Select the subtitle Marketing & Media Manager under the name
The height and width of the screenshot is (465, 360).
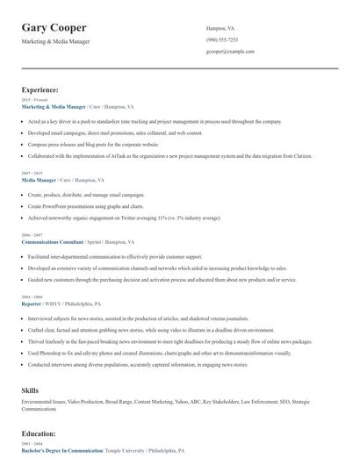click(x=55, y=41)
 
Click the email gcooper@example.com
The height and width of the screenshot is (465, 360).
click(x=230, y=52)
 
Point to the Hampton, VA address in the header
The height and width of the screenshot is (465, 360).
click(x=220, y=28)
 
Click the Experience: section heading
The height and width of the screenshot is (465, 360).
click(x=40, y=89)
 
